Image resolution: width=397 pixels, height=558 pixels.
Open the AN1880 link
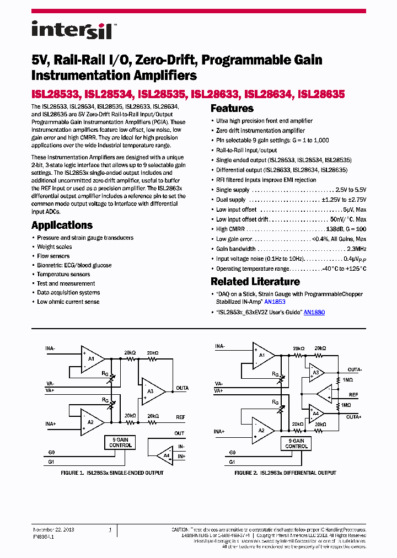[314, 312]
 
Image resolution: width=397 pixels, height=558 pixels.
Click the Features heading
[232, 109]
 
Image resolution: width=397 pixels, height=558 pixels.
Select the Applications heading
[62, 225]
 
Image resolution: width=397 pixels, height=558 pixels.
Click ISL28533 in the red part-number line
[56, 94]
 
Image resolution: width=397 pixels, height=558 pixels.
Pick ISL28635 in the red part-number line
[321, 94]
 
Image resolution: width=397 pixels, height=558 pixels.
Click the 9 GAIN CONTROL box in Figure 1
[120, 442]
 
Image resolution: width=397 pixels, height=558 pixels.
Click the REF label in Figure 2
[353, 395]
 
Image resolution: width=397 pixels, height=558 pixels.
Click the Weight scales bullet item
[54, 247]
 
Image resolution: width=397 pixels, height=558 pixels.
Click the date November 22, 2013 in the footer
[54, 529]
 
